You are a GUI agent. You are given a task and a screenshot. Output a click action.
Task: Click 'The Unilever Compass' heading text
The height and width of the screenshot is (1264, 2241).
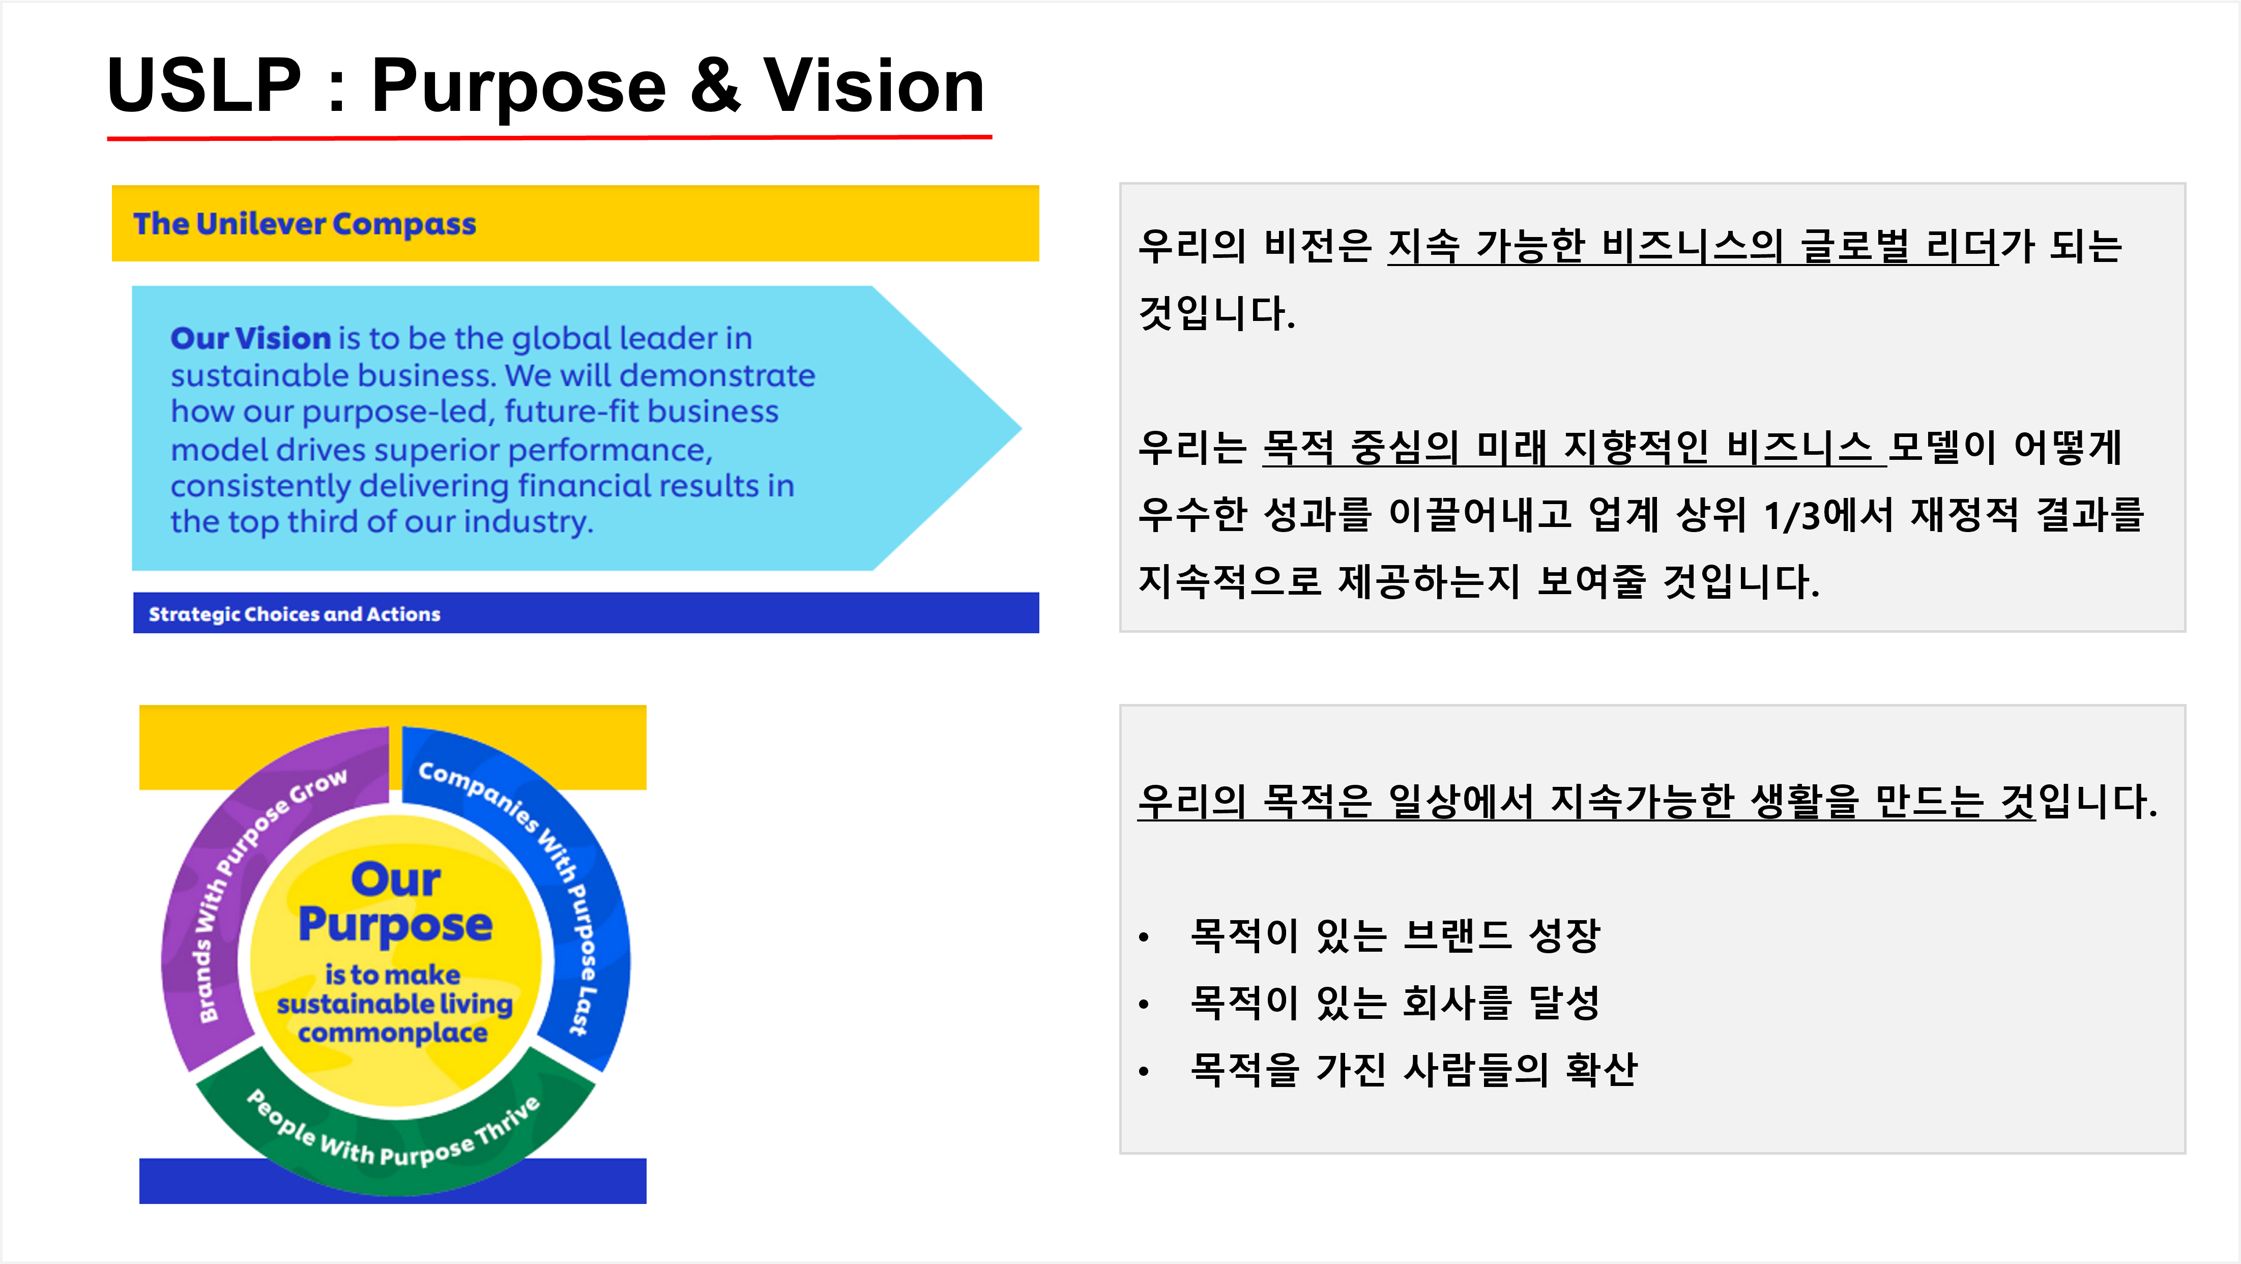point(305,224)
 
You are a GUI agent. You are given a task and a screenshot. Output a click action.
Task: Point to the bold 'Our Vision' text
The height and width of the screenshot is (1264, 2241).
point(250,338)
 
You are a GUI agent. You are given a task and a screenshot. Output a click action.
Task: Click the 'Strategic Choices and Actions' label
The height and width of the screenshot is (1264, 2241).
point(294,614)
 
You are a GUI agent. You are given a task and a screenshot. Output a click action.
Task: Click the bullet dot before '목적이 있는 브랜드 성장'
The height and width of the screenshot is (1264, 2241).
point(1144,938)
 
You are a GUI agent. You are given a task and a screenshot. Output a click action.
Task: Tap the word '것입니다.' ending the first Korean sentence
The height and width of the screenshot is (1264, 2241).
point(1216,313)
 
